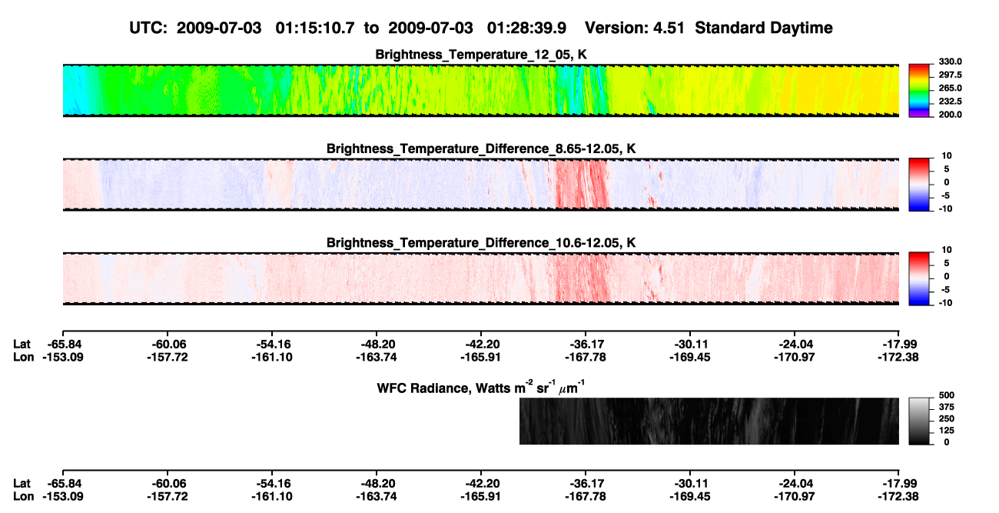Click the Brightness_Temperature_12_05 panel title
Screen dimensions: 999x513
click(481, 55)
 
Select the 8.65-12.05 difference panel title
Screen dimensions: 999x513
click(481, 148)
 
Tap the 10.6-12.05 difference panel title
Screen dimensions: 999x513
click(481, 243)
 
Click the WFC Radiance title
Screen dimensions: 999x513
click(481, 387)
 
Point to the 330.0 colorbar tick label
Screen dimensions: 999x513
click(950, 62)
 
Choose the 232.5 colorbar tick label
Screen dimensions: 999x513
click(950, 102)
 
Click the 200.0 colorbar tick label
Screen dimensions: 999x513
click(950, 115)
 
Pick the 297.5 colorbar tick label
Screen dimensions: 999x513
click(950, 75)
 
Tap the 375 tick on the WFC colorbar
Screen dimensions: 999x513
click(947, 407)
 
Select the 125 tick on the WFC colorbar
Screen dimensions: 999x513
click(947, 431)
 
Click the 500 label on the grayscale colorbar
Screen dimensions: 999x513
click(947, 395)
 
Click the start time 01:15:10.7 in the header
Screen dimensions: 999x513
click(315, 28)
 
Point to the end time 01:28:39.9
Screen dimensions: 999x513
click(526, 28)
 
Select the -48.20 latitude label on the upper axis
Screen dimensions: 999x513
click(377, 345)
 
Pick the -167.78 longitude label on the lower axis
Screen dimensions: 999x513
click(585, 497)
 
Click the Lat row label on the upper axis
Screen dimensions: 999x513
click(22, 345)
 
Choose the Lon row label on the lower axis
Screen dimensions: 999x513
click(23, 497)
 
